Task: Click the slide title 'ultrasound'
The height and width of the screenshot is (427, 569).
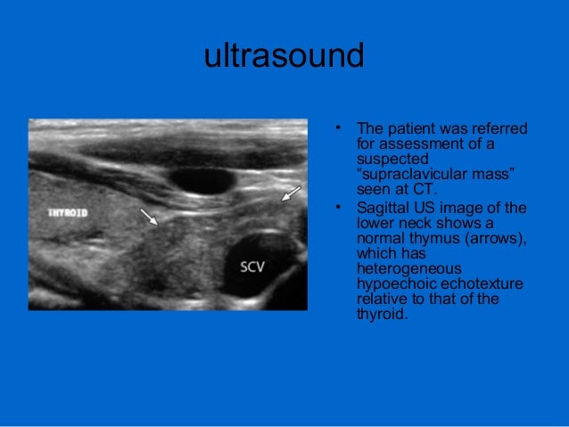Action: pyautogui.click(x=284, y=58)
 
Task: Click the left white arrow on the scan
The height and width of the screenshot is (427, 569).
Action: pyautogui.click(x=148, y=216)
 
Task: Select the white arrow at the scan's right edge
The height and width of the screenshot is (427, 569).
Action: pyautogui.click(x=291, y=193)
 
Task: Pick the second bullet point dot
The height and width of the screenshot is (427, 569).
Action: pyautogui.click(x=339, y=209)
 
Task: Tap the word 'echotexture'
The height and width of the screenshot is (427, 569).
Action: pyautogui.click(x=473, y=282)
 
